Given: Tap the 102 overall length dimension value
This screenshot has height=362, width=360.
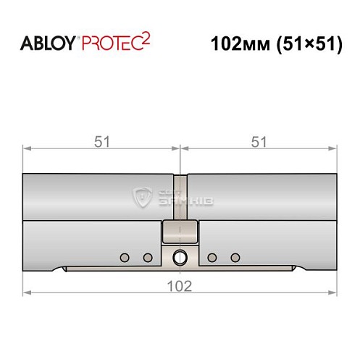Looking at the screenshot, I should coord(180,286).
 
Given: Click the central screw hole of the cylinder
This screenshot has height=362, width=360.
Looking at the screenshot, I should coord(180,257).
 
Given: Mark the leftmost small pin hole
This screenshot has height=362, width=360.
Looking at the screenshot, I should coord(125,257).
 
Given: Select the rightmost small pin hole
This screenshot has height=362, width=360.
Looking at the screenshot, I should coord(235,257).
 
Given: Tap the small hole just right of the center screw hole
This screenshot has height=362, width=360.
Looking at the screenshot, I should coord(212,257).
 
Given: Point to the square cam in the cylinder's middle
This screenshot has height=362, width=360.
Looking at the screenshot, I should coord(180,232).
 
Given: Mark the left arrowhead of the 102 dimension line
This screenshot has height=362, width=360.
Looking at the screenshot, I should coord(27,293).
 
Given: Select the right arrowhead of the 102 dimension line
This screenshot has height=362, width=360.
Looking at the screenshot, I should coord(334,293).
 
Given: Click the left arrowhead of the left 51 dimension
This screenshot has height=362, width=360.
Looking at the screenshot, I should coord(27,149).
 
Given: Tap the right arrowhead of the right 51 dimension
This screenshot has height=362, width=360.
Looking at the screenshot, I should coord(334,149).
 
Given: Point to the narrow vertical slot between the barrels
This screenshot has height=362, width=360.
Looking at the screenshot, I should coord(180,195).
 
